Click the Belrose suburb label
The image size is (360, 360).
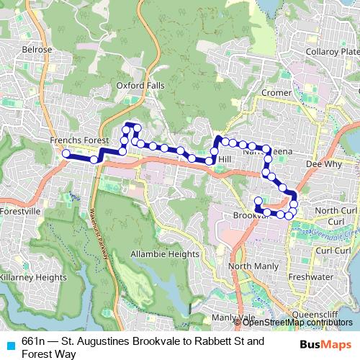pyautogui.click(x=37, y=49)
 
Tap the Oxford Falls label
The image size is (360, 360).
pyautogui.click(x=140, y=86)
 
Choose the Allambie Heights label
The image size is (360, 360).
pyautogui.click(x=164, y=254)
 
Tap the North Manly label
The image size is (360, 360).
pyautogui.click(x=248, y=266)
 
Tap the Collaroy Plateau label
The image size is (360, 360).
pyautogui.click(x=332, y=53)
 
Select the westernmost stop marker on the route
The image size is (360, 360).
pyautogui.click(x=66, y=153)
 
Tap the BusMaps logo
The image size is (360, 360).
pyautogui.click(x=326, y=344)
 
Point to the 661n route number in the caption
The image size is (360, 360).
pyautogui.click(x=33, y=340)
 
